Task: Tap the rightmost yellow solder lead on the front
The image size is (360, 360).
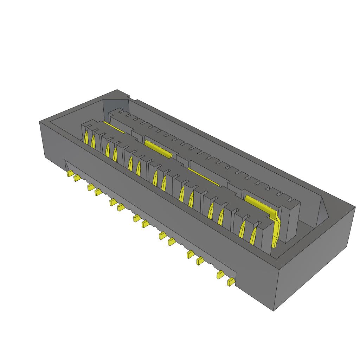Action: [231, 282]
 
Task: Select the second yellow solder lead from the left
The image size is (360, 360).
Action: [77, 178]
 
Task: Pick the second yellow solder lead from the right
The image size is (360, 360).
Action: [220, 274]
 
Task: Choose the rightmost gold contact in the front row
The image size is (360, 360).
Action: [253, 235]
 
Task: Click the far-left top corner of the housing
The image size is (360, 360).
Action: [39, 122]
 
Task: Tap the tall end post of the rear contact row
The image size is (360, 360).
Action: [292, 221]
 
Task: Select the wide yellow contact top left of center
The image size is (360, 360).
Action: [158, 148]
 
